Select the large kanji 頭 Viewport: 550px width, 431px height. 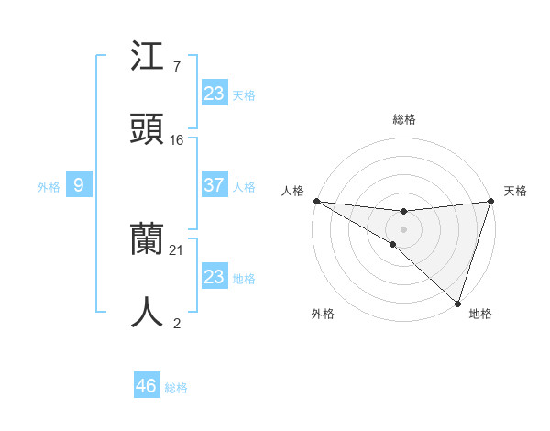pyautogui.click(x=147, y=130)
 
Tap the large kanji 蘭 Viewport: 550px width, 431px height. pyautogui.click(x=147, y=240)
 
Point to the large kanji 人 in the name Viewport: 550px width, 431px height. pyautogui.click(x=147, y=313)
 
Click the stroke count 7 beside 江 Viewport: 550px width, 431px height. pyautogui.click(x=176, y=67)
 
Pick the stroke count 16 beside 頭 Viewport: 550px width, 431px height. pyautogui.click(x=177, y=140)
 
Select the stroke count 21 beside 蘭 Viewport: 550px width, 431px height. pyautogui.click(x=177, y=250)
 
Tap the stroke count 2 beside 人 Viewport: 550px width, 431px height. pyautogui.click(x=176, y=323)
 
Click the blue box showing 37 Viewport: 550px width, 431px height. pyautogui.click(x=214, y=185)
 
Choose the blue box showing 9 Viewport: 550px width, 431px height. pyautogui.click(x=79, y=185)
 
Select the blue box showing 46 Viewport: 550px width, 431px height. pyautogui.click(x=147, y=386)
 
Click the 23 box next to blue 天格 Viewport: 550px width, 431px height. pyautogui.click(x=214, y=94)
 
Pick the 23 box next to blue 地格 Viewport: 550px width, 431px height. pyautogui.click(x=214, y=277)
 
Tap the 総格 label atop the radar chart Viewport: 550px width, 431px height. pyautogui.click(x=404, y=119)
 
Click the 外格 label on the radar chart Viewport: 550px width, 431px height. pyautogui.click(x=323, y=314)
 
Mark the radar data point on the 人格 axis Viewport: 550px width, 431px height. pyautogui.click(x=316, y=201)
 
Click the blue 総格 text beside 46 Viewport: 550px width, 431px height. pyautogui.click(x=176, y=388)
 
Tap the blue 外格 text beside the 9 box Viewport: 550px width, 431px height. pyautogui.click(x=49, y=186)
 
